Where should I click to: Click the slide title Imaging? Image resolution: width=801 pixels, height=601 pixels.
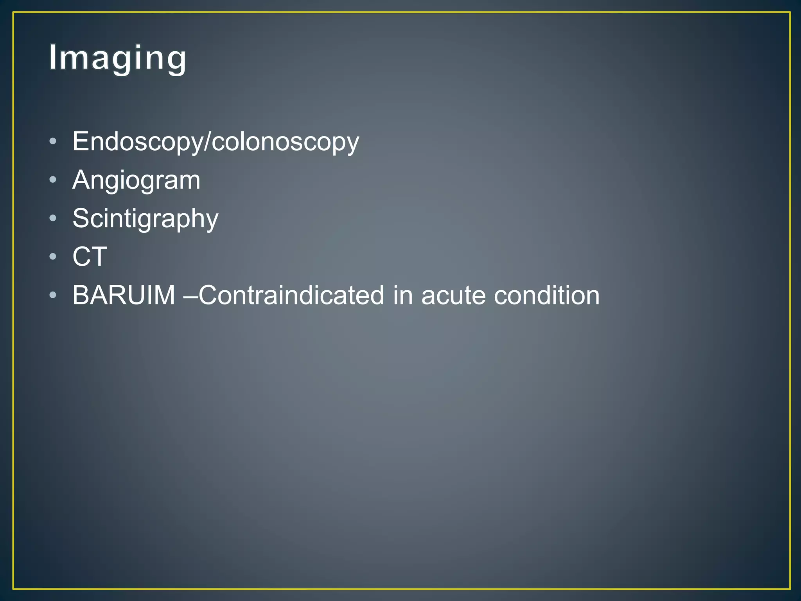117,58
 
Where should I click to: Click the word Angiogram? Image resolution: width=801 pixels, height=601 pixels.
136,180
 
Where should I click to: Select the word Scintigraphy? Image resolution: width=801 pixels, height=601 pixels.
145,219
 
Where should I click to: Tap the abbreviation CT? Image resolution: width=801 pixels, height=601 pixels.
90,257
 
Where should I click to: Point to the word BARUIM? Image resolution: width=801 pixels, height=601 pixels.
124,295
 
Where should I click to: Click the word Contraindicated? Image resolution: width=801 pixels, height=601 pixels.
291,295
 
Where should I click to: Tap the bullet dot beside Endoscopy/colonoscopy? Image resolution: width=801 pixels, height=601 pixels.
53,141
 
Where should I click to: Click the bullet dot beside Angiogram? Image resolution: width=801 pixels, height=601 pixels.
53,180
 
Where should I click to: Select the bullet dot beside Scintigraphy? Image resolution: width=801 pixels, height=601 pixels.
53,218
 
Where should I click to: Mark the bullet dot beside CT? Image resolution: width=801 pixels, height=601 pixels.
53,257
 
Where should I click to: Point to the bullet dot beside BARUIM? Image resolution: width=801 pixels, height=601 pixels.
53,295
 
